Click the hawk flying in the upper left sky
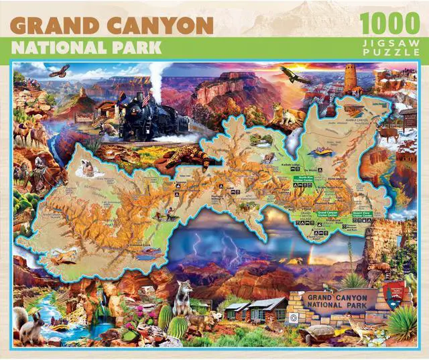[60, 70]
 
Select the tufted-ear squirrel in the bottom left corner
[30, 326]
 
